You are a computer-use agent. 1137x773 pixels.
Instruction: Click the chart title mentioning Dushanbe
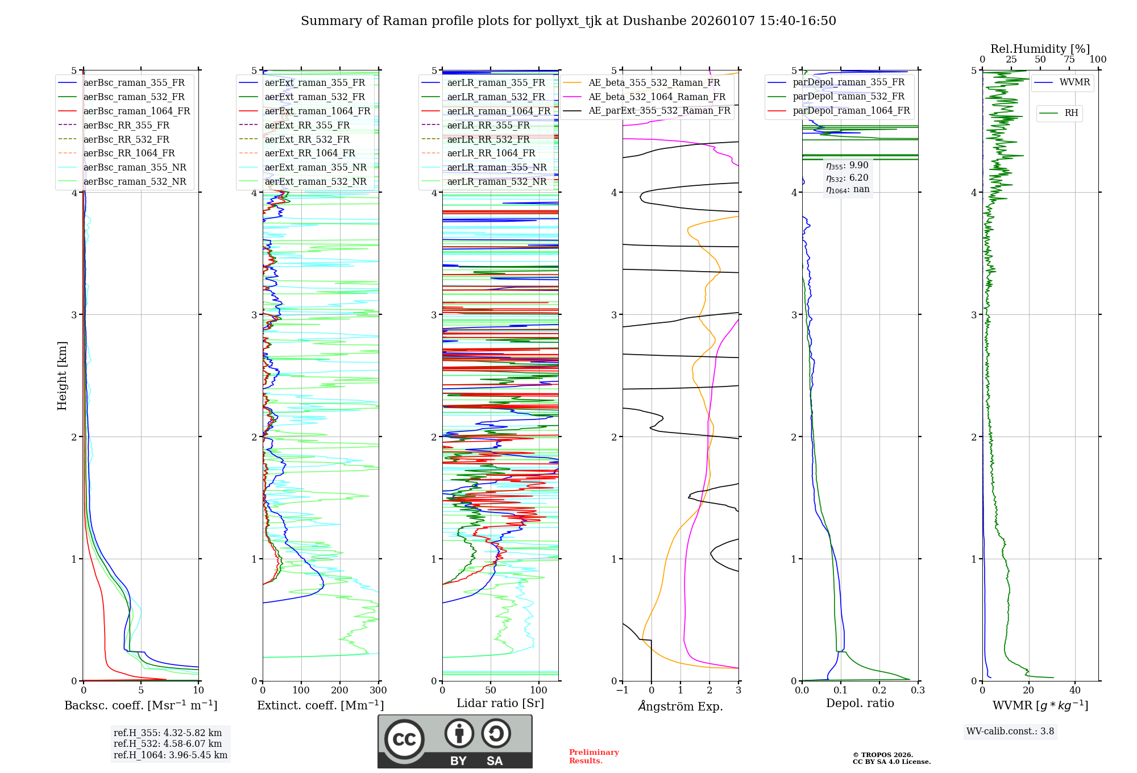568,21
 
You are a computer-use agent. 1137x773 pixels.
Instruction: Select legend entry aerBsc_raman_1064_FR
136,111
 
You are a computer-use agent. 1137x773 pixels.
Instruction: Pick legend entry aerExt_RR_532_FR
307,139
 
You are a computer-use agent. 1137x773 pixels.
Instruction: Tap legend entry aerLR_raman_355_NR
496,167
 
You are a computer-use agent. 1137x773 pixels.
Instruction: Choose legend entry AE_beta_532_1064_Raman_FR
657,97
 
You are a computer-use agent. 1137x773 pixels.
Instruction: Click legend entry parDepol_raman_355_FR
848,82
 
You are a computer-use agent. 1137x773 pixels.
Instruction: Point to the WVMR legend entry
1074,82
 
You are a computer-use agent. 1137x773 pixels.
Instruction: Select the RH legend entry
1070,113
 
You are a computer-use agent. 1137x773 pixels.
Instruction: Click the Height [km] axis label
62,376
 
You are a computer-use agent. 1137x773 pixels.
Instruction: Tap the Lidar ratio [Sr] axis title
500,704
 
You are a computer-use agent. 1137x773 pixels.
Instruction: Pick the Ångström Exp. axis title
680,706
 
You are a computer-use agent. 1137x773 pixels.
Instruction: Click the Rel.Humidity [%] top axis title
1040,49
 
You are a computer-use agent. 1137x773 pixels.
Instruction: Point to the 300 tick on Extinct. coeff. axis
378,691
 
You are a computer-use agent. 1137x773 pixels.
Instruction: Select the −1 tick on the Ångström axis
622,691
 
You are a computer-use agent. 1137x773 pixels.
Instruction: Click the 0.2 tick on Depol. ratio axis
879,691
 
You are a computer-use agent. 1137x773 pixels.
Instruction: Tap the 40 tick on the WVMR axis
1074,691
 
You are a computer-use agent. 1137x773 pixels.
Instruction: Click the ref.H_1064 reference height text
170,755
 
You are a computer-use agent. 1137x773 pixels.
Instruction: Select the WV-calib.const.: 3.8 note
1010,732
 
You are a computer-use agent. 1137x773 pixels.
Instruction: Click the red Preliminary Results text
594,757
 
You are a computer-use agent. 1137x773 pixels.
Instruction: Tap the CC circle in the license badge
404,739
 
